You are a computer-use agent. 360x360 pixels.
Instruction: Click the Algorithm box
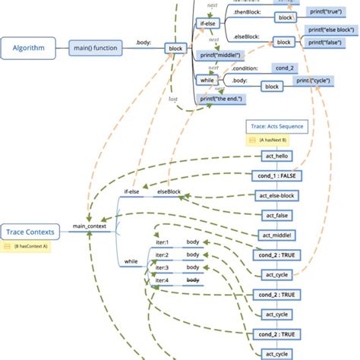(28, 49)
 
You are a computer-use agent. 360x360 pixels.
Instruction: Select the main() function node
(96, 49)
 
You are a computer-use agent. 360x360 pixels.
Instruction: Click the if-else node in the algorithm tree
(207, 24)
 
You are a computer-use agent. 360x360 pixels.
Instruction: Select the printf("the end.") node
(225, 98)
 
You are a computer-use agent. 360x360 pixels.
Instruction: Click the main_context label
(90, 226)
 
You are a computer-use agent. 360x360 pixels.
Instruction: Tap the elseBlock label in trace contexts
(169, 192)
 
